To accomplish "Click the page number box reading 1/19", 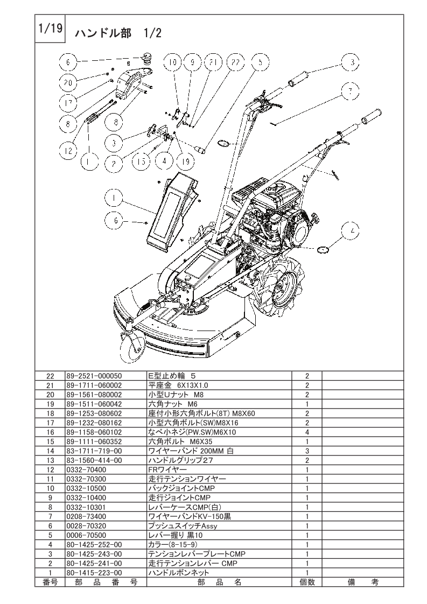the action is (x=50, y=29).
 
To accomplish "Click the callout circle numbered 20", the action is (x=68, y=82).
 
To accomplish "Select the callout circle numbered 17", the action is (x=68, y=103).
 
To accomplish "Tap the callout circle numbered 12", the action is (x=68, y=150).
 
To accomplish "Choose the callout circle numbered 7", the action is (x=351, y=92).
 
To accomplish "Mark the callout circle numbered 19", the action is (x=186, y=160).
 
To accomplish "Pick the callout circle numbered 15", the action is (x=142, y=160).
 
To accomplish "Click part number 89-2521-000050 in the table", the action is (x=94, y=376).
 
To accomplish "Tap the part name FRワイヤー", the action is (x=167, y=469).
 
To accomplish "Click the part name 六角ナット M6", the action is (x=173, y=404).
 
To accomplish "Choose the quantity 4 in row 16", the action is (x=307, y=432).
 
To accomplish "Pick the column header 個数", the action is (x=307, y=582).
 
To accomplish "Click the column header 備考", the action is (x=362, y=582).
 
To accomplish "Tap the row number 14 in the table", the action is (x=50, y=451).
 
